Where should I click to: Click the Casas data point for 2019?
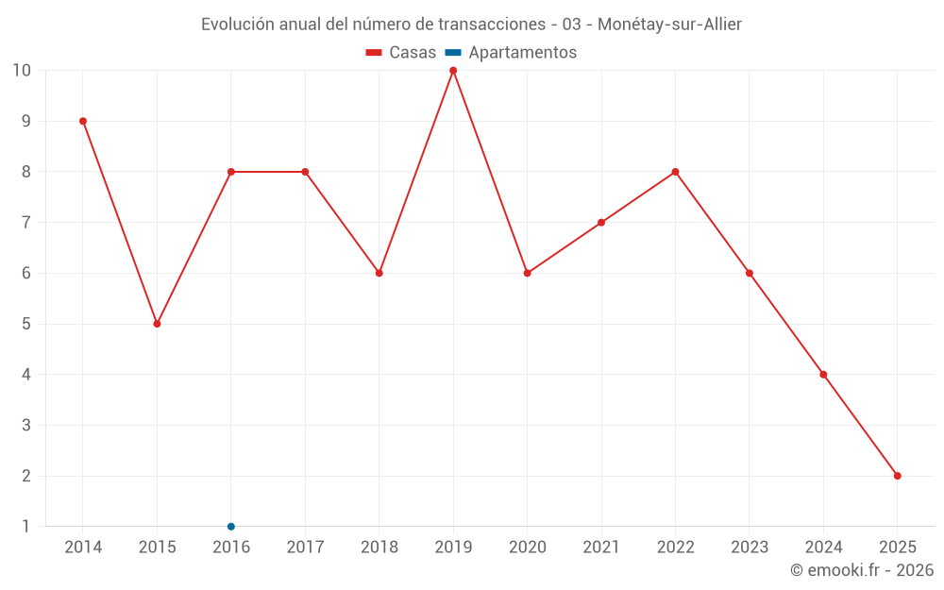click(453, 71)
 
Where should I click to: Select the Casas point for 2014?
click(83, 121)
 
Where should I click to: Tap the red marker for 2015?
click(157, 324)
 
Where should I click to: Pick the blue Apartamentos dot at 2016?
click(231, 526)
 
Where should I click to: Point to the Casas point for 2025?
click(897, 476)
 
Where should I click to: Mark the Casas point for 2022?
click(675, 172)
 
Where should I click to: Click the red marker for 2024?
click(823, 375)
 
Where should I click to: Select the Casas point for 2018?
click(379, 273)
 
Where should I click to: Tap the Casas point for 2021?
click(601, 223)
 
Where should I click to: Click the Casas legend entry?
click(401, 53)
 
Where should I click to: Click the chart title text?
click(471, 25)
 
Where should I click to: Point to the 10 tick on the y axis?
click(22, 71)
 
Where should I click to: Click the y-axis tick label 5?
click(25, 324)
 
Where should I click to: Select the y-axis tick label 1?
click(25, 526)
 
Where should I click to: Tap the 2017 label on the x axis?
click(305, 548)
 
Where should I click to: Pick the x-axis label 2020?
click(527, 548)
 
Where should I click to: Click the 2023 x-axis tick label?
click(750, 548)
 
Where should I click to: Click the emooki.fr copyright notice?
click(861, 570)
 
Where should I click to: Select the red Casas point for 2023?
click(750, 273)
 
